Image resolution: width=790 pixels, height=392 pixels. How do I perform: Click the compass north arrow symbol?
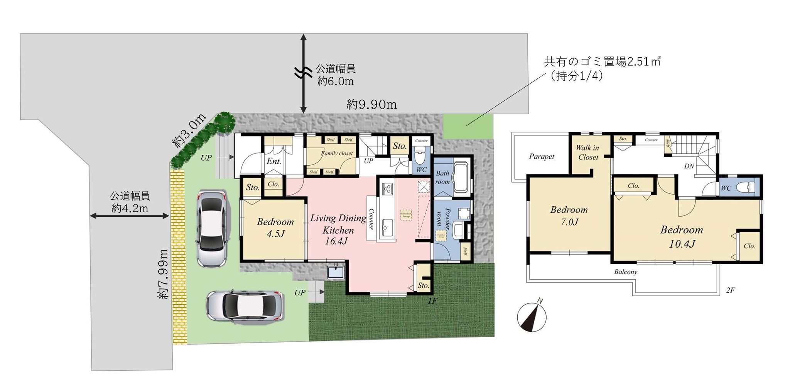[x=532, y=317]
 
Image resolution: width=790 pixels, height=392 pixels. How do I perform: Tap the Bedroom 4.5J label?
[x=275, y=227]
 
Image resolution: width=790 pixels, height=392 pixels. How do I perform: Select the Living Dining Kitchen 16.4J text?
[x=338, y=229]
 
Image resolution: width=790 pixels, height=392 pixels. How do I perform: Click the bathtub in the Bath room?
[x=461, y=178]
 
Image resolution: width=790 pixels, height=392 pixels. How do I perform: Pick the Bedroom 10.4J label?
[x=682, y=236]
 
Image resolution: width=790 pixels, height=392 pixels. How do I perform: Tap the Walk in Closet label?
[x=588, y=152]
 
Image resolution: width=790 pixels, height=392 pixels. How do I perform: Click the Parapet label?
[x=542, y=156]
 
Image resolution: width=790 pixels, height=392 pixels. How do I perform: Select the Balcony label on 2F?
[x=625, y=272]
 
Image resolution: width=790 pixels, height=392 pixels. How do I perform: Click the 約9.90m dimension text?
[x=371, y=105]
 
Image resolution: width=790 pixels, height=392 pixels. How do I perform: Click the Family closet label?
[x=337, y=153]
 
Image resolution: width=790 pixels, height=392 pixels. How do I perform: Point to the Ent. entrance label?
[x=274, y=161]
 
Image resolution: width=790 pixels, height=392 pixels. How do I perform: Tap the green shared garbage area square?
[x=468, y=126]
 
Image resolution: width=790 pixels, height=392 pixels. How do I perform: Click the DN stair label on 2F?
[x=689, y=166]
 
